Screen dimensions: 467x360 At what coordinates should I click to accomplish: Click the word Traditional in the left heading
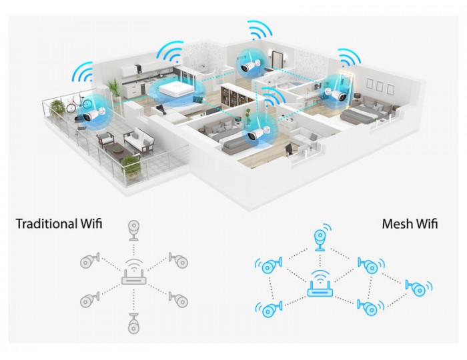click(47, 224)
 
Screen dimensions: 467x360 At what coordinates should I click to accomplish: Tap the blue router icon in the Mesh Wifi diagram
click(320, 284)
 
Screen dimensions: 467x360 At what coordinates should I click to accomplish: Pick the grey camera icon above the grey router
click(133, 230)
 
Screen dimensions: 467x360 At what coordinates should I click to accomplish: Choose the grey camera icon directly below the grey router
click(133, 323)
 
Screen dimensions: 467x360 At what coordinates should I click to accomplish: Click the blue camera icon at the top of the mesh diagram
click(322, 238)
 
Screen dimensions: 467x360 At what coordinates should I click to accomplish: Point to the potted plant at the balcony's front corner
click(131, 167)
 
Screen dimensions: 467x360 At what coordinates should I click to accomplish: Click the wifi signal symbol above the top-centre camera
click(260, 30)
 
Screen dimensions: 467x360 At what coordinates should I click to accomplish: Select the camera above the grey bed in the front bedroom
click(258, 133)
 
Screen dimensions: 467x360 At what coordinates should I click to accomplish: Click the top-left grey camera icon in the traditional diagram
click(89, 261)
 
